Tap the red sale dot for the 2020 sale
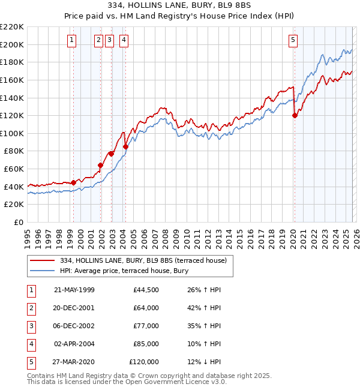[295, 116]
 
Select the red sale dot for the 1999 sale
[73, 182]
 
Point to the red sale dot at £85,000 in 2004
[125, 146]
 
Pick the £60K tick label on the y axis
[14, 169]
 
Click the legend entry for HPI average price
[124, 271]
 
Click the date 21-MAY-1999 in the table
[74, 290]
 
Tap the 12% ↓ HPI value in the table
[205, 362]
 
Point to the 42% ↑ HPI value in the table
[205, 308]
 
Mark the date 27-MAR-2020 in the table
[74, 362]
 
